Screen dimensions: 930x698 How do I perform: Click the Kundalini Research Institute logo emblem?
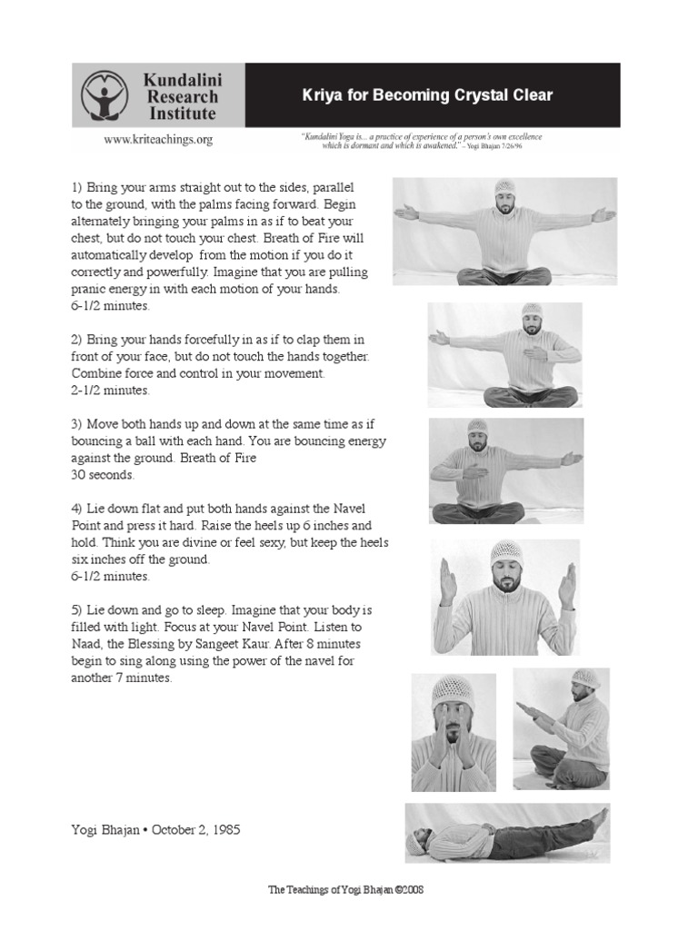(108, 94)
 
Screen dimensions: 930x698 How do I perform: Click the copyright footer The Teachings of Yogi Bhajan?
(345, 890)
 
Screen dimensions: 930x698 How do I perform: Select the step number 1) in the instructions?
(77, 186)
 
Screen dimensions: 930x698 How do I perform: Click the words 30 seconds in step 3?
(102, 474)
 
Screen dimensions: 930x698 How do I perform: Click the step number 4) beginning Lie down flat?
(77, 508)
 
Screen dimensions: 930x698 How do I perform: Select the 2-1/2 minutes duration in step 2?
(110, 391)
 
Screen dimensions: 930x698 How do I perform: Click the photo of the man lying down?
(507, 832)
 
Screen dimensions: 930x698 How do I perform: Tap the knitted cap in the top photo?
(505, 188)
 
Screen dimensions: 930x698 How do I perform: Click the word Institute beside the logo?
(182, 114)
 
